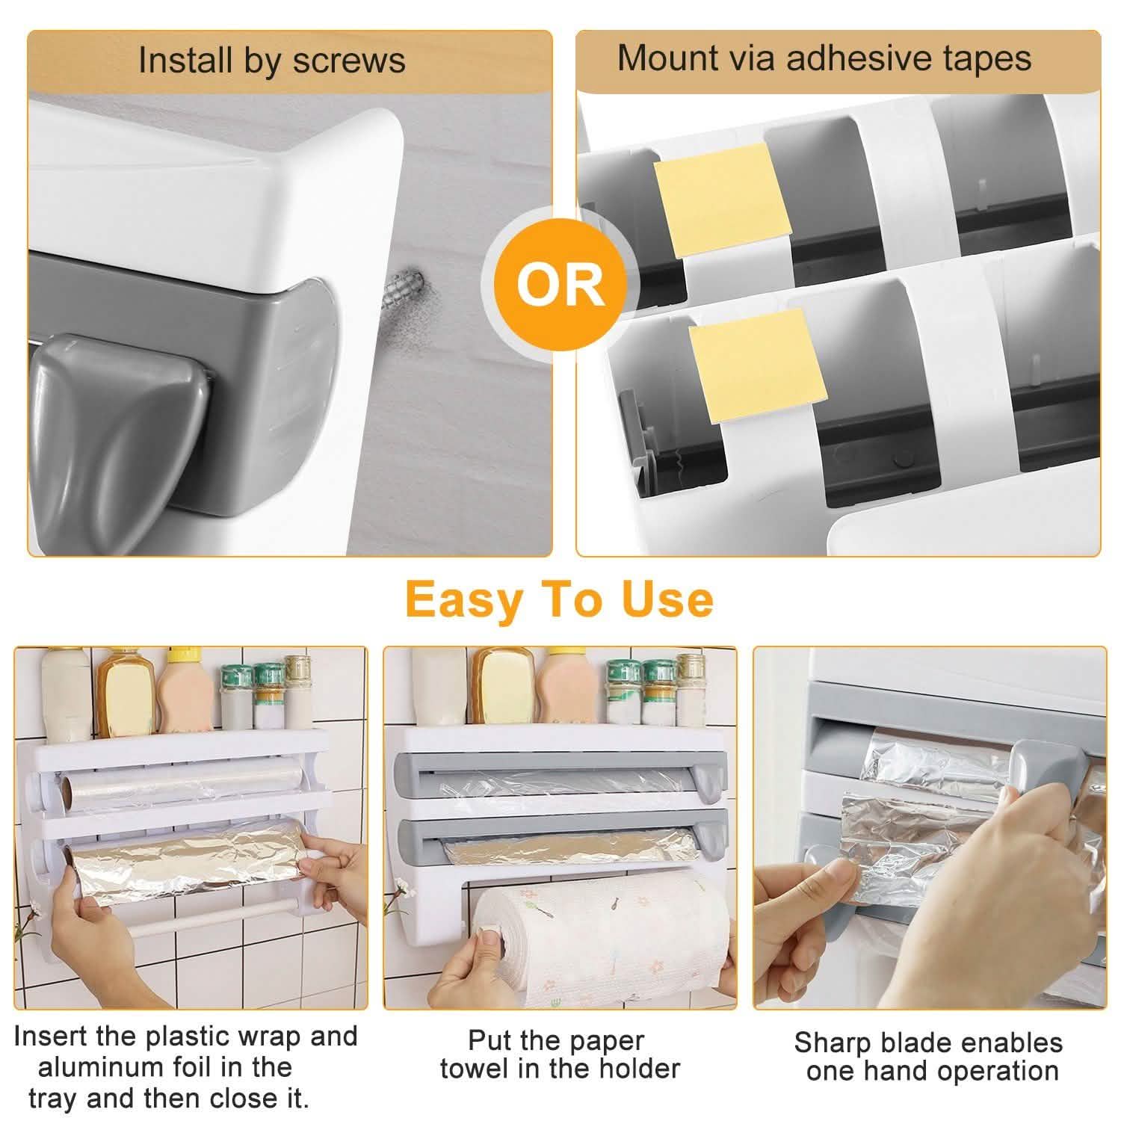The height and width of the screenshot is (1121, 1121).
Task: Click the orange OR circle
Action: point(560,284)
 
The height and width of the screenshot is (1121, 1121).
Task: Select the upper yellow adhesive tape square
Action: point(721,200)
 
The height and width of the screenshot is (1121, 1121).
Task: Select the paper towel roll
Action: point(598,938)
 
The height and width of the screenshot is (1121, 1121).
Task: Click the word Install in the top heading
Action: point(184,61)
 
